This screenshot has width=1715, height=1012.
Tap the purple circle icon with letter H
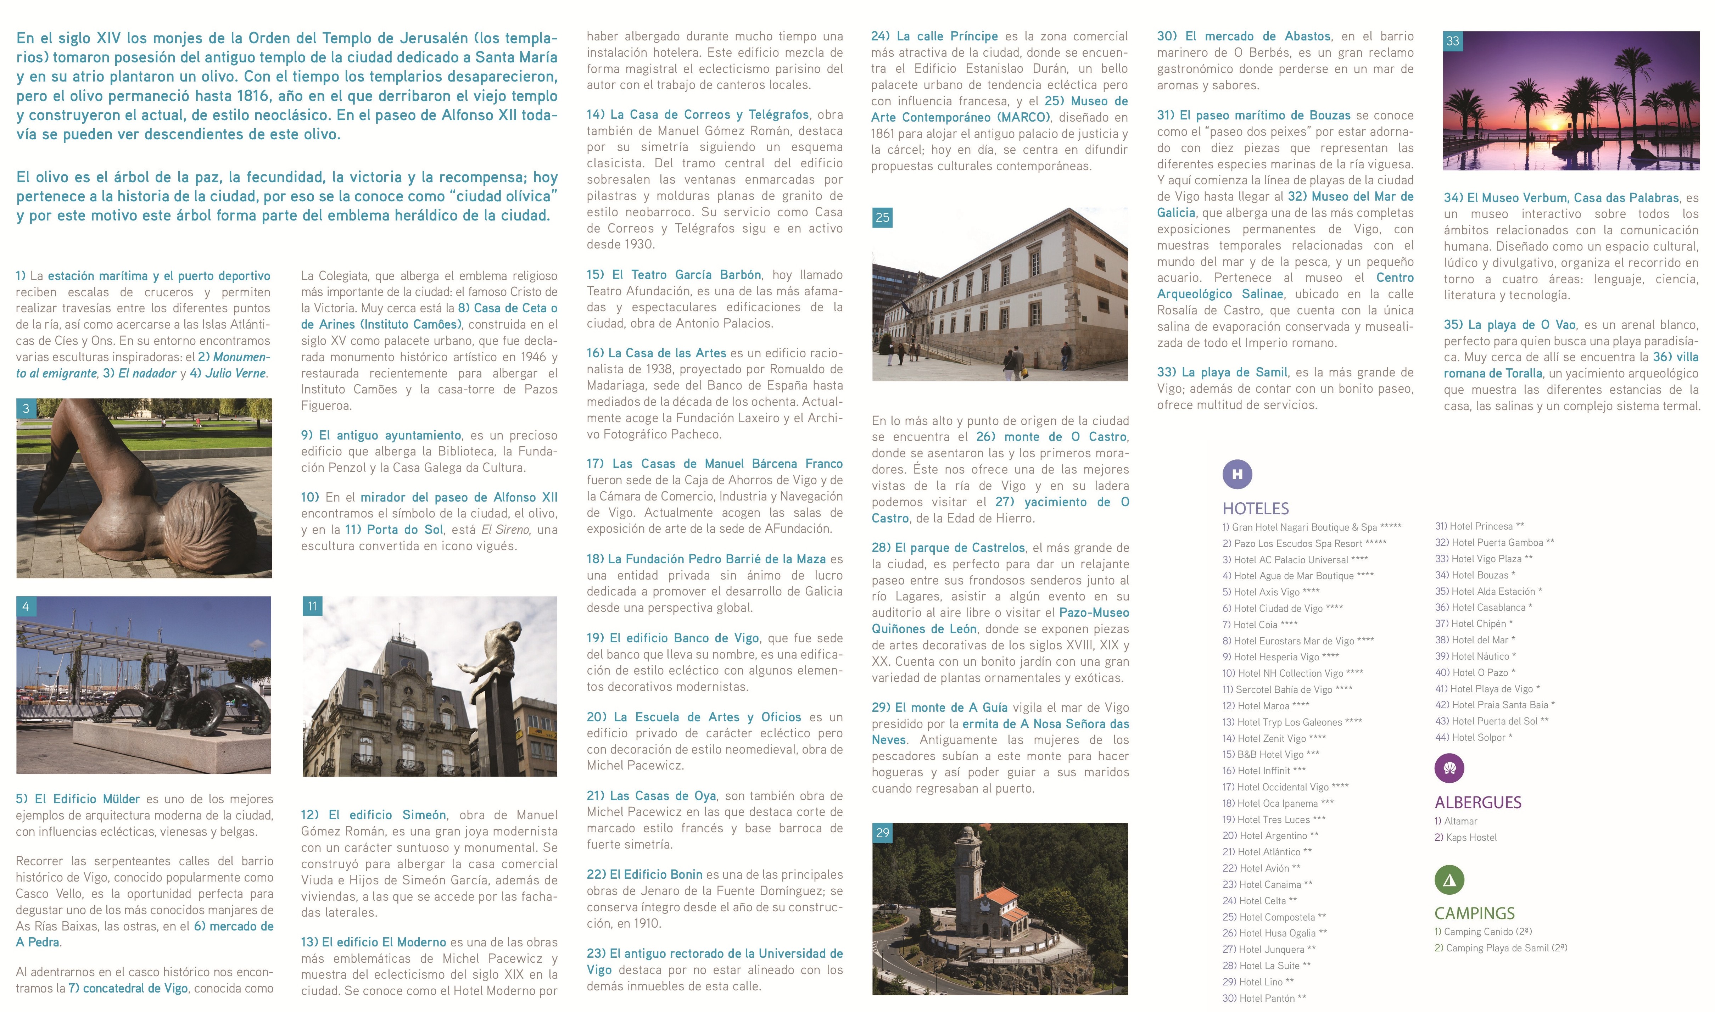pos(1237,475)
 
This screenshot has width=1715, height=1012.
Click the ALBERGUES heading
pos(1478,803)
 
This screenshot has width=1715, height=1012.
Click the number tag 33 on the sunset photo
pos(1452,41)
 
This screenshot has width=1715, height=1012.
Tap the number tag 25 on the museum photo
pos(882,218)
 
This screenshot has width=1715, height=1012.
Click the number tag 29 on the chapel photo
pos(882,833)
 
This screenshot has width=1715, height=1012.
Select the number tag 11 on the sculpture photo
pos(312,606)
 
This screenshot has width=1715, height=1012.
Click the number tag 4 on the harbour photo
pos(26,606)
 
